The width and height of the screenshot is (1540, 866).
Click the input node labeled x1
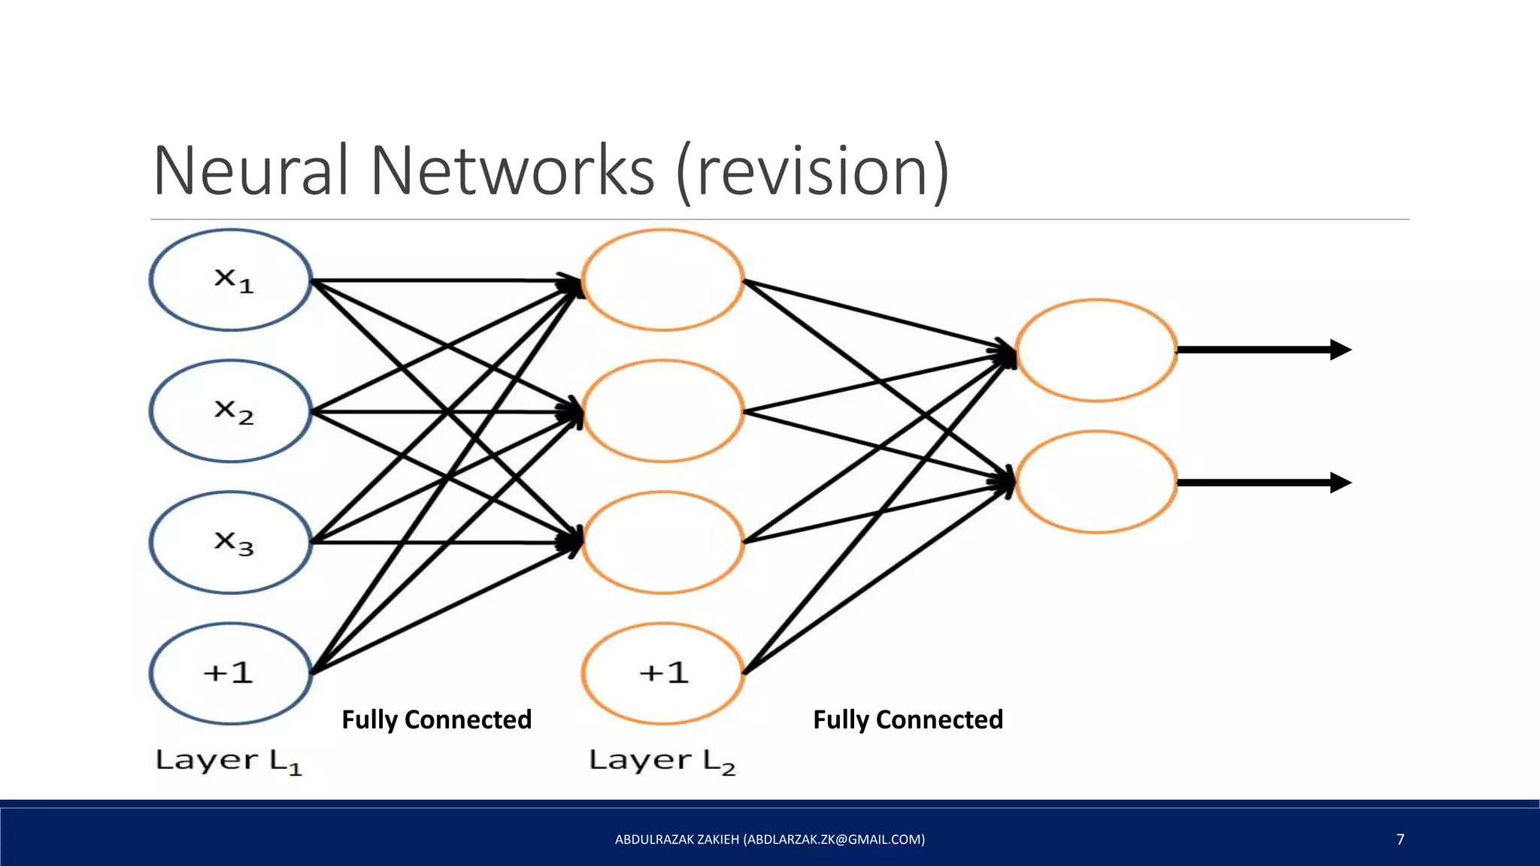[x=231, y=280]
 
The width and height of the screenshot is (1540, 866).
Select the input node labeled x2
[x=231, y=411]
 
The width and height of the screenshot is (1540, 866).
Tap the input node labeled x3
[x=231, y=542]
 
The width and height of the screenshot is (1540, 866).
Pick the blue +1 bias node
[x=231, y=673]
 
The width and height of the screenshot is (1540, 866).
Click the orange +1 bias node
[x=663, y=673]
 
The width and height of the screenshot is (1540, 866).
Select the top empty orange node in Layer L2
[x=663, y=280]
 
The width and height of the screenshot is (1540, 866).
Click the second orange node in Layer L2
[x=663, y=411]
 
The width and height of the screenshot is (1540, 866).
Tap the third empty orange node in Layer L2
[x=663, y=542]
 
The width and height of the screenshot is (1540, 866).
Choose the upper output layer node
[x=1096, y=350]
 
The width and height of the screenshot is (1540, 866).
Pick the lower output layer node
[x=1096, y=482]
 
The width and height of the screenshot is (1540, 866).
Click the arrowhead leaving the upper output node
[x=1340, y=350]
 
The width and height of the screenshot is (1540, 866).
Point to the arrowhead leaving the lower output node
[x=1340, y=483]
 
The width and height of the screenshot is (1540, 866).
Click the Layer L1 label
[x=229, y=761]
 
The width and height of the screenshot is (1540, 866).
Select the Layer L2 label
[x=662, y=761]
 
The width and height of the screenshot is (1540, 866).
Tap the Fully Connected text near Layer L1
[x=436, y=719]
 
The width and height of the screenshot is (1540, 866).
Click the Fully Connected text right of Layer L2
[x=908, y=719]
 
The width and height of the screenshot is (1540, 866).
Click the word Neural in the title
[x=251, y=171]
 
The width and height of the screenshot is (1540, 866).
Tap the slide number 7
[x=1400, y=839]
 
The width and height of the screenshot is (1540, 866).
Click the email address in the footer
[x=834, y=839]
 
